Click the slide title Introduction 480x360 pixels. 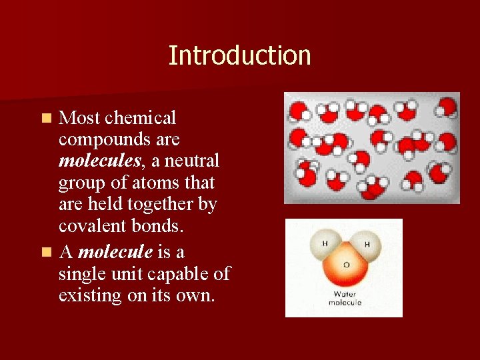point(239,55)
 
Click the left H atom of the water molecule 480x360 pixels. point(325,244)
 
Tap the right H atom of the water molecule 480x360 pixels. point(366,245)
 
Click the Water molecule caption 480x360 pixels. point(344,298)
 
